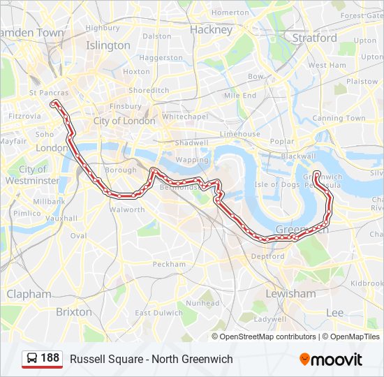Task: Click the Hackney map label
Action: pos(211,30)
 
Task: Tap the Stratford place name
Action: pos(314,38)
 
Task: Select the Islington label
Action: pos(108,45)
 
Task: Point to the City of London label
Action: pos(124,121)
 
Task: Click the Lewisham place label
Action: pos(290,294)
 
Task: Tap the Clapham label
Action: pos(29,294)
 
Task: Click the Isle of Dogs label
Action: pos(276,184)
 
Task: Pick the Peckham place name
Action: pos(170,265)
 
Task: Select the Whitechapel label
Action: pos(185,117)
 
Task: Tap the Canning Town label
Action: pos(339,118)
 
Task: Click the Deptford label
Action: pos(267,256)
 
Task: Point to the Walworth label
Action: pos(126,209)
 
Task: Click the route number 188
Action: pos(50,358)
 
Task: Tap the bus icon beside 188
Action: pos(32,359)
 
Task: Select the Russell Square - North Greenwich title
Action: pos(152,359)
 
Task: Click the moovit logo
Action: pos(331,360)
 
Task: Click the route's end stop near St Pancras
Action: pos(54,104)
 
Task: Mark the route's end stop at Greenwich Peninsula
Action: pos(316,174)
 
